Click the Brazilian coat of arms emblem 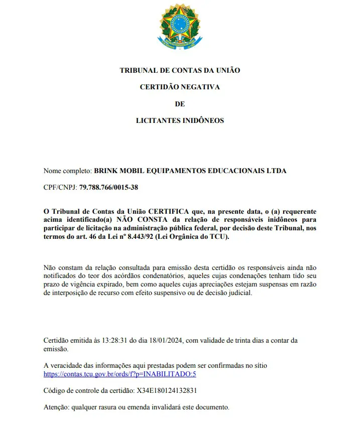[x=180, y=28]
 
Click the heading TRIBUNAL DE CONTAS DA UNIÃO [x=180, y=70]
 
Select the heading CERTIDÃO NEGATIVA [x=180, y=87]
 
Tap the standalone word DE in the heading [x=180, y=104]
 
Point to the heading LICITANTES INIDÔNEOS [x=180, y=120]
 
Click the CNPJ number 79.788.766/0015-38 [x=108, y=187]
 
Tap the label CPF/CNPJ [x=60, y=187]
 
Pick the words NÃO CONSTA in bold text [x=138, y=219]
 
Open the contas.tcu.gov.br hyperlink [x=120, y=374]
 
